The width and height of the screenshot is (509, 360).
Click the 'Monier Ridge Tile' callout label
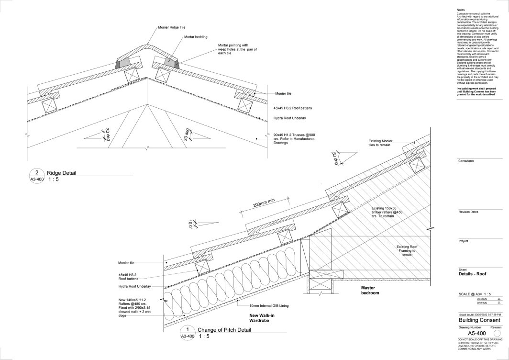[x=173, y=28]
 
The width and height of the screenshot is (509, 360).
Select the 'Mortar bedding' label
[x=194, y=37]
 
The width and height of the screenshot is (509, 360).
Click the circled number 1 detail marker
[x=188, y=329]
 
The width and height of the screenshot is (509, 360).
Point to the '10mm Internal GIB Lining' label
[x=269, y=305]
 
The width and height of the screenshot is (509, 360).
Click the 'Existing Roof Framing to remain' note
[x=407, y=251]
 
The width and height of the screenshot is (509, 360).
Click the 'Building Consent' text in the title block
[x=479, y=320]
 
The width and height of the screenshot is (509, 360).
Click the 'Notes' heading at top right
[x=461, y=10]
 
